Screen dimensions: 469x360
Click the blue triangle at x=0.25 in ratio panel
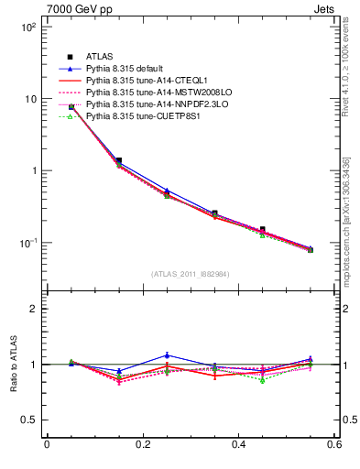point(167,354)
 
